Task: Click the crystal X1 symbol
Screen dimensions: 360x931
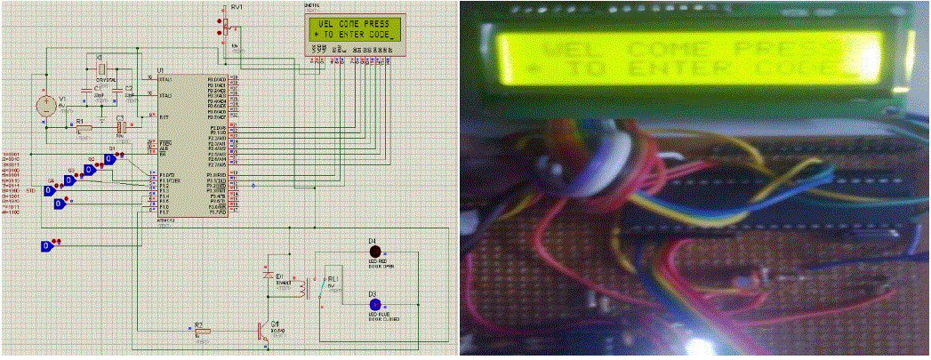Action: pos(101,69)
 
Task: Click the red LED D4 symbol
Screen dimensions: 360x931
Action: pos(373,252)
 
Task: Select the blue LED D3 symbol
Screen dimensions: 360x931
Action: pos(373,304)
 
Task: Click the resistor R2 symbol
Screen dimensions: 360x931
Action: pos(203,332)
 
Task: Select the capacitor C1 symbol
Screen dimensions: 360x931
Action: pos(86,91)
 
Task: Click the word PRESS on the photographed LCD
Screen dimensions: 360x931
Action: pos(783,45)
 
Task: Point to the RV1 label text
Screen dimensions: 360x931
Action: pos(237,6)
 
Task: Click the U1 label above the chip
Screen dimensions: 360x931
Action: pos(160,69)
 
